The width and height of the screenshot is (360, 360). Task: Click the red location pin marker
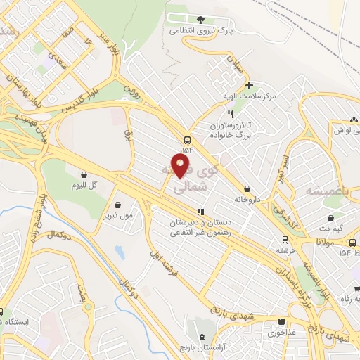pos(181,165)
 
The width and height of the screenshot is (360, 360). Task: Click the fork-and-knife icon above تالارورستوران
pos(229,113)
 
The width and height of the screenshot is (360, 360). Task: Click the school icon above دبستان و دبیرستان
pos(200,211)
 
